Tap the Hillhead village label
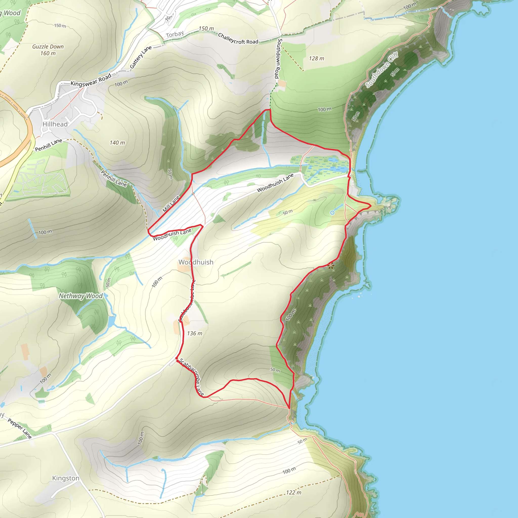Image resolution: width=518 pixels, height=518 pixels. [55, 124]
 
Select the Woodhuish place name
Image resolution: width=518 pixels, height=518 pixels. [196, 262]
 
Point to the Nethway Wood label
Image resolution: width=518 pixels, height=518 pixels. [81, 296]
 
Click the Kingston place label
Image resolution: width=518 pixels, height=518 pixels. [66, 478]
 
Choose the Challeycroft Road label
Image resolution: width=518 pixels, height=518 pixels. [238, 39]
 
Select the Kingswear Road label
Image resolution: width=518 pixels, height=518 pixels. [91, 80]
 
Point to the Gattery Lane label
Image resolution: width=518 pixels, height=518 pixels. [141, 57]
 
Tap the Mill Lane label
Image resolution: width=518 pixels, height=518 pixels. [171, 204]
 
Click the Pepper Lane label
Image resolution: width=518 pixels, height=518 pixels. [19, 428]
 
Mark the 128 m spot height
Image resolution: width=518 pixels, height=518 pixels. [316, 58]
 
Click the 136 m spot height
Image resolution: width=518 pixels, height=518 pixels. [195, 333]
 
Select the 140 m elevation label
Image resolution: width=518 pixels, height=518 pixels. [117, 143]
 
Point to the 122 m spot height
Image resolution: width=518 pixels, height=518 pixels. [294, 492]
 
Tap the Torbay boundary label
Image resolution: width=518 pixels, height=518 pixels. [175, 34]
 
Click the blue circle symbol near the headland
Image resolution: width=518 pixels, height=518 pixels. [332, 213]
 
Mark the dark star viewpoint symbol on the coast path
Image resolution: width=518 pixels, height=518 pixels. [331, 266]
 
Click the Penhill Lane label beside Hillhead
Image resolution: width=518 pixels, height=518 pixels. [49, 145]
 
